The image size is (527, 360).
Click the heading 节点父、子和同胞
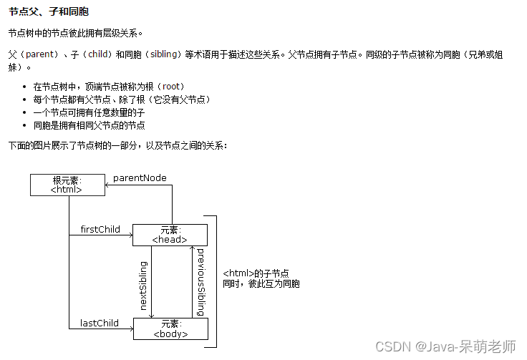(49, 13)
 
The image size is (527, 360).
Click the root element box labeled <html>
(67, 185)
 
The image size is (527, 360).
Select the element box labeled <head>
(170, 235)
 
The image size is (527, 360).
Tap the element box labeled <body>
(170, 329)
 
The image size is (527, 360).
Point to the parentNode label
(140, 177)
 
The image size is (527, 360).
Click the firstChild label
(100, 230)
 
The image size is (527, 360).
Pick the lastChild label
(100, 323)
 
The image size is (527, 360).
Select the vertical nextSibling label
(143, 285)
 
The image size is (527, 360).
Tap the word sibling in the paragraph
(165, 54)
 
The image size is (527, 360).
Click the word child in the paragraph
(100, 54)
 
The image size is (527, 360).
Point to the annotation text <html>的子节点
(256, 273)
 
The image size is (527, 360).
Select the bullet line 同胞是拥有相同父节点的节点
(89, 125)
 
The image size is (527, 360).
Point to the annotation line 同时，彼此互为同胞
(261, 284)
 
